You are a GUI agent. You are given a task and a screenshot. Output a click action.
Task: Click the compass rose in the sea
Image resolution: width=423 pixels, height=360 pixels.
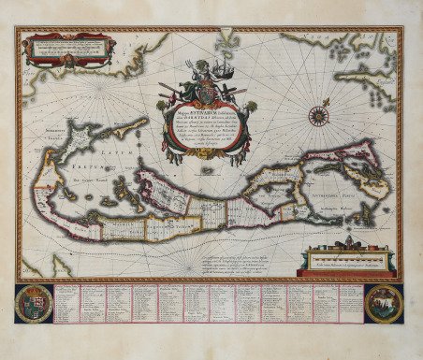pos(319,116)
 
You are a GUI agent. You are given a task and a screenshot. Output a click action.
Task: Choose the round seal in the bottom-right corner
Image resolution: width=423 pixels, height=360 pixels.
pos(383,303)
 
